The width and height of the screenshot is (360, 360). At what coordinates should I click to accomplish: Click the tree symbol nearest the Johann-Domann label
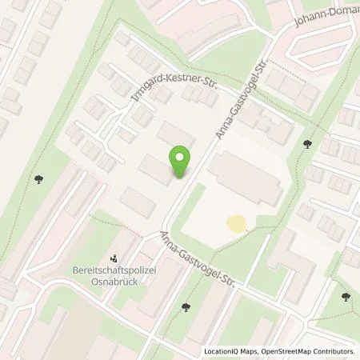tap(308, 145)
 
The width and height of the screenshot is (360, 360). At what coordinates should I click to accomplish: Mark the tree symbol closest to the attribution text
tap(346, 298)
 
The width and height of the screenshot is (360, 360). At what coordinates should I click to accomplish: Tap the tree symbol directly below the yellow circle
tap(186, 305)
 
